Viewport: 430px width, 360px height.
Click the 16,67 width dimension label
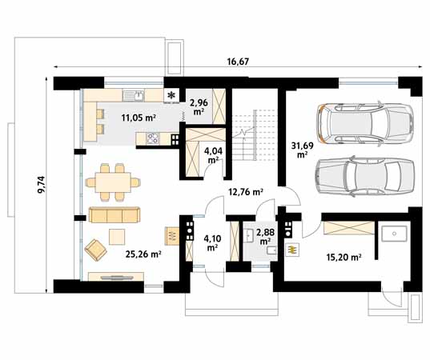pyautogui.click(x=238, y=62)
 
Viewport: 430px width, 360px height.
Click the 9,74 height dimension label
pyautogui.click(x=42, y=185)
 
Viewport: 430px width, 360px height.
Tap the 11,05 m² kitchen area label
pyautogui.click(x=139, y=118)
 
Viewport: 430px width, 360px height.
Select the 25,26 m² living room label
pyautogui.click(x=143, y=254)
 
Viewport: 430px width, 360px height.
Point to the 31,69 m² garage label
pyautogui.click(x=302, y=150)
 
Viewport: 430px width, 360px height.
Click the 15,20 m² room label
pyautogui.click(x=344, y=258)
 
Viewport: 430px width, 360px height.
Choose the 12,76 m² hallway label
pyautogui.click(x=246, y=192)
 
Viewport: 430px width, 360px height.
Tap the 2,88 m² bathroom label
pyautogui.click(x=265, y=237)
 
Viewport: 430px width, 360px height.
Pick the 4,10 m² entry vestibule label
pyautogui.click(x=212, y=242)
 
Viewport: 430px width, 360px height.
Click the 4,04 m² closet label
pyautogui.click(x=213, y=155)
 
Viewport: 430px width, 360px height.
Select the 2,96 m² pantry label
pyautogui.click(x=199, y=107)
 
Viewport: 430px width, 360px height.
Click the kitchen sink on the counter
pyautogui.click(x=133, y=95)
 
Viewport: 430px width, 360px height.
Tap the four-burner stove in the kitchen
pyautogui.click(x=152, y=138)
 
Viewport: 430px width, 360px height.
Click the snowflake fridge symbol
pyautogui.click(x=171, y=96)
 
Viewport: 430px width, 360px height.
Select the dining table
pyautogui.click(x=113, y=182)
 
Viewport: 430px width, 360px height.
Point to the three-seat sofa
pyautogui.click(x=115, y=214)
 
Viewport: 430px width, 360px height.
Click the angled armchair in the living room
pyautogui.click(x=95, y=250)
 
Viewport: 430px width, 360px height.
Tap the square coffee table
pyautogui.click(x=117, y=237)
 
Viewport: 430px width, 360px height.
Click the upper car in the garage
pyautogui.click(x=365, y=123)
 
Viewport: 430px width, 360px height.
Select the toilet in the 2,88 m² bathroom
pyautogui.click(x=271, y=250)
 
